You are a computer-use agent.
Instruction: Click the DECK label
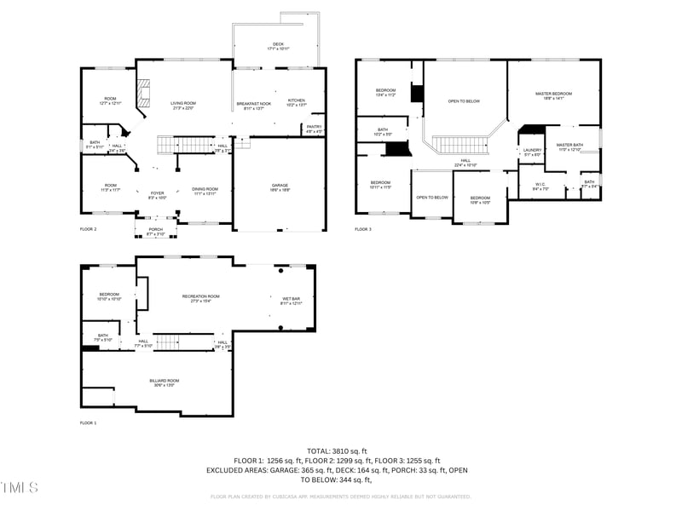pos(278,44)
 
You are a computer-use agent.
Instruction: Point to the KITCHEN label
pos(296,100)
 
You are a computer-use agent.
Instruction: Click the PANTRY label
pos(314,128)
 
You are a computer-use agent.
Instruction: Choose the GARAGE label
pos(279,186)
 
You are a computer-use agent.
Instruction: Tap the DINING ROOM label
pos(205,189)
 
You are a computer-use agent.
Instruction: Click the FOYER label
pos(157,193)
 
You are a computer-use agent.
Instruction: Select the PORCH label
pos(156,229)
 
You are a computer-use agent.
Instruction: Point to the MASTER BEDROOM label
pos(553,95)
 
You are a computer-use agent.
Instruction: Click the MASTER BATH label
pos(569,146)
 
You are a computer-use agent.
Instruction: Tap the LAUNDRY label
pos(533,151)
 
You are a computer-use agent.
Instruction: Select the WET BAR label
pos(292,299)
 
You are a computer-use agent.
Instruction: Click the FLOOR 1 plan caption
pos(89,422)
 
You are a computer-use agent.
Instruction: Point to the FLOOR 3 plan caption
pos(363,229)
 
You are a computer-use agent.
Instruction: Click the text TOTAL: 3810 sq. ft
pos(337,451)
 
